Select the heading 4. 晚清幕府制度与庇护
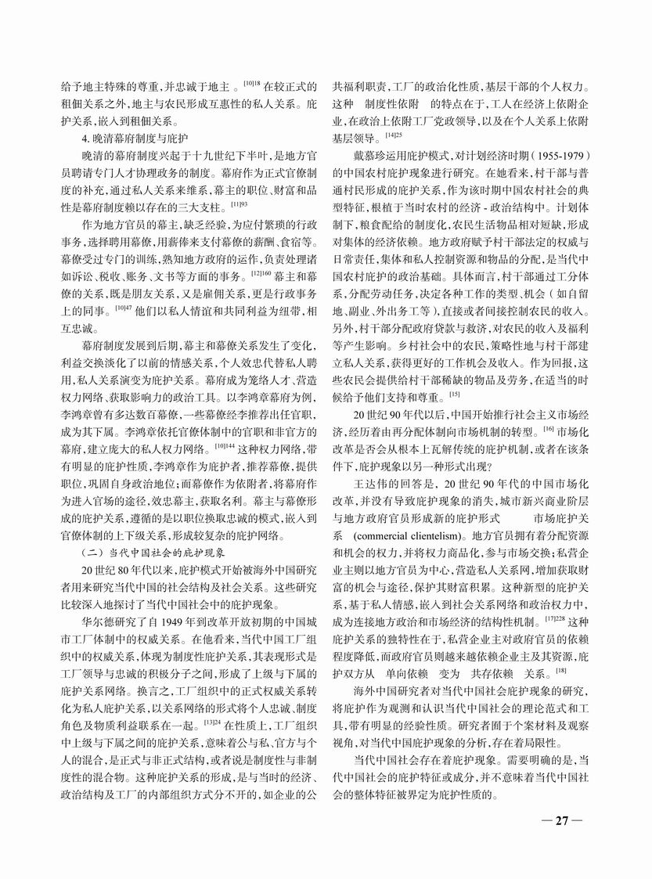pos(128,139)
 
